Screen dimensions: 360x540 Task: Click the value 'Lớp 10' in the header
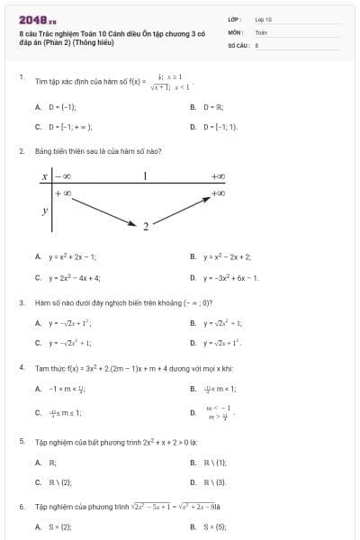263,18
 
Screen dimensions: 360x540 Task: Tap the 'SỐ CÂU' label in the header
237,43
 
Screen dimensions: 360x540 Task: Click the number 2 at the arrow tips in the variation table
145,226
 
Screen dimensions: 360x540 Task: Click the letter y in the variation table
44,211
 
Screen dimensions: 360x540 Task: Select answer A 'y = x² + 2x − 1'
72,256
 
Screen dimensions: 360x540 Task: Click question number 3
22,302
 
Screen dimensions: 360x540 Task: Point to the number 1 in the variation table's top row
145,176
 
